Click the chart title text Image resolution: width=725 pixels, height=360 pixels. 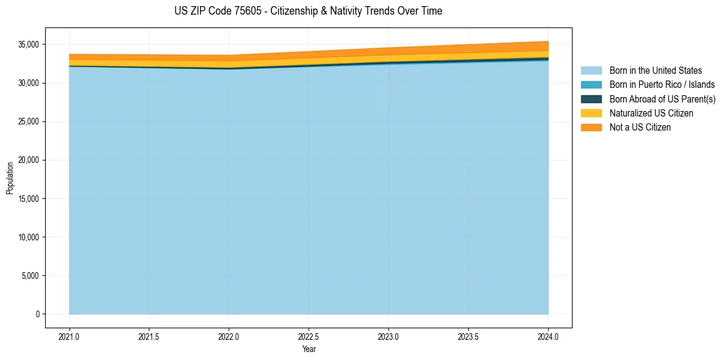308,11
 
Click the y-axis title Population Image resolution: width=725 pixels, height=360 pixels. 10,178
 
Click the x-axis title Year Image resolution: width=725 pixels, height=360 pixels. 309,349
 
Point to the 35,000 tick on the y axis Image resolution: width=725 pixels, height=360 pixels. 28,45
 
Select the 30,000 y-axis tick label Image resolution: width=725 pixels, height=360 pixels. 28,83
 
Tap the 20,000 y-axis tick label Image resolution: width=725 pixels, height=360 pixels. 28,160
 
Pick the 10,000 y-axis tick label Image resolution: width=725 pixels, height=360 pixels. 28,237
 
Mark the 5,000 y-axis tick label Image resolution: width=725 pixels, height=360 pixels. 30,276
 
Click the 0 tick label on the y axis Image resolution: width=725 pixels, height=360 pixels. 37,314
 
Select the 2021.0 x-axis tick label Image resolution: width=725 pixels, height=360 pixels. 70,336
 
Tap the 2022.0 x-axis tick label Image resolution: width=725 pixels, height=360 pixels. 229,336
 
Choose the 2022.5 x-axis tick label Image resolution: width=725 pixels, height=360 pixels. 309,336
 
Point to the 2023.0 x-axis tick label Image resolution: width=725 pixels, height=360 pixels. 388,336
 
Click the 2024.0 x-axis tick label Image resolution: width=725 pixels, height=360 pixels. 548,336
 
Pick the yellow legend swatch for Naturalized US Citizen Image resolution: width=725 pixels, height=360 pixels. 591,113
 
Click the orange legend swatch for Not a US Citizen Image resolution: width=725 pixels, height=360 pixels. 591,127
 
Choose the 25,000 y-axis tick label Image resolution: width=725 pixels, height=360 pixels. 28,121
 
